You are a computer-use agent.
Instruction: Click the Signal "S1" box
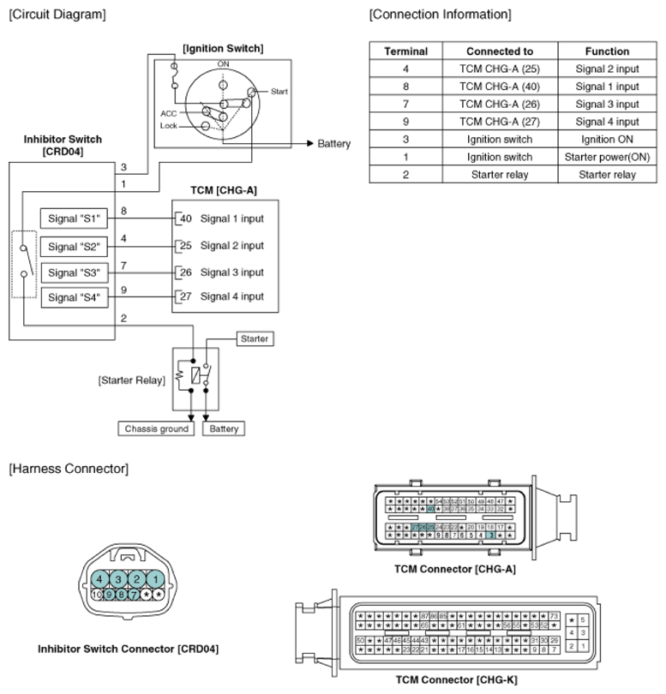tap(75, 218)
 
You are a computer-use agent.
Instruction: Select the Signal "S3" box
tap(75, 272)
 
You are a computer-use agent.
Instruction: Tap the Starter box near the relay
tap(255, 338)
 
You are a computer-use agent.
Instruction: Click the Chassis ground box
tap(156, 428)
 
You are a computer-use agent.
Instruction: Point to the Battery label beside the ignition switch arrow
tap(333, 144)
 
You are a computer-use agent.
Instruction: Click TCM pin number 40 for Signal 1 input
tap(185, 218)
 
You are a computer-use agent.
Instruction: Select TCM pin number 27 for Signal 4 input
tap(185, 296)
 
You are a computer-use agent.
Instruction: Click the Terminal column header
tap(405, 51)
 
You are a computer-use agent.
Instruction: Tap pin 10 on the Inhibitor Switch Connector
tap(97, 593)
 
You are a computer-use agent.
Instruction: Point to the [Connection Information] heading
tap(440, 15)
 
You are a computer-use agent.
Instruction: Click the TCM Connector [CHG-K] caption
tap(455, 679)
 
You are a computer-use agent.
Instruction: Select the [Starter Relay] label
tap(131, 379)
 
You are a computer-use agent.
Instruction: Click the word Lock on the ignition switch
tap(168, 125)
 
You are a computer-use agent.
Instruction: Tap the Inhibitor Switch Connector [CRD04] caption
tap(128, 649)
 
